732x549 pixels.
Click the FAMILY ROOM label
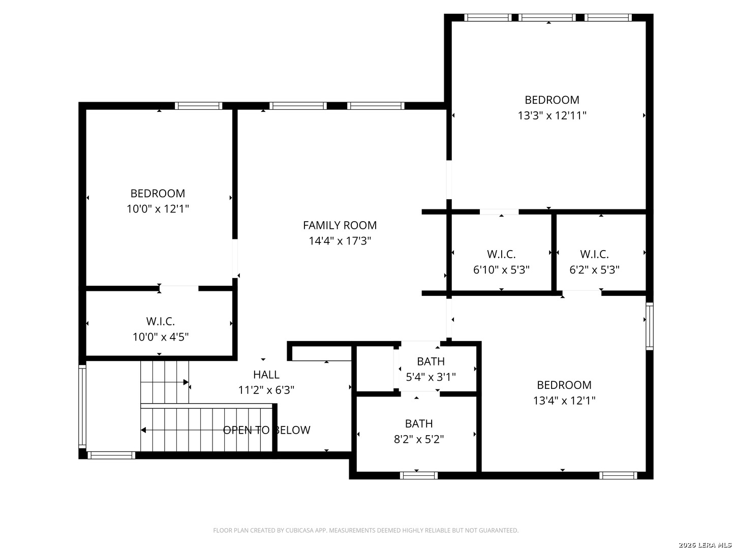pyautogui.click(x=340, y=225)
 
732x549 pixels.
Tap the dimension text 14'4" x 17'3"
pyautogui.click(x=340, y=240)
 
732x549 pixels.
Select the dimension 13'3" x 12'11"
pyautogui.click(x=552, y=115)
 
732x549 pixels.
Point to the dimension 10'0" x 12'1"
pyautogui.click(x=158, y=208)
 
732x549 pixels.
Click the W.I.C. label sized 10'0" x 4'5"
pyautogui.click(x=161, y=321)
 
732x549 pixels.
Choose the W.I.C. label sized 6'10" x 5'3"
pyautogui.click(x=501, y=254)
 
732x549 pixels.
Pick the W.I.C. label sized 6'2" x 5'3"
pyautogui.click(x=594, y=254)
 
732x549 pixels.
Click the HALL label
pyautogui.click(x=266, y=375)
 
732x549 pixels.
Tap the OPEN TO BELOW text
pyautogui.click(x=266, y=430)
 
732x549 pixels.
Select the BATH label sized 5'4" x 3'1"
pyautogui.click(x=431, y=361)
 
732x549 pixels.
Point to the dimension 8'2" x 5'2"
pyautogui.click(x=418, y=439)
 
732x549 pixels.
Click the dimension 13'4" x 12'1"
pyautogui.click(x=564, y=401)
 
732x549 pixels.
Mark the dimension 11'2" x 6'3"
pyautogui.click(x=266, y=390)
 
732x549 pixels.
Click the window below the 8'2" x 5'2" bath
pyautogui.click(x=418, y=475)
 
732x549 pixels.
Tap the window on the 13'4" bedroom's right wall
pyautogui.click(x=649, y=326)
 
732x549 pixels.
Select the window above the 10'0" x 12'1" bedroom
pyautogui.click(x=198, y=106)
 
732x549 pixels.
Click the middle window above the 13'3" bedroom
pyautogui.click(x=547, y=18)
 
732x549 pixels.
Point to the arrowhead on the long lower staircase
pyautogui.click(x=143, y=430)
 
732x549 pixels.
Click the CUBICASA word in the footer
pyautogui.click(x=298, y=530)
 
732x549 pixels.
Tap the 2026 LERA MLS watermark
pyautogui.click(x=705, y=544)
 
